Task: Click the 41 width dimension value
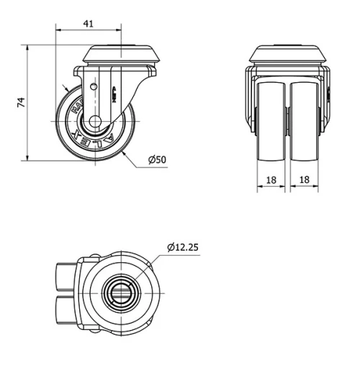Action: [89, 23]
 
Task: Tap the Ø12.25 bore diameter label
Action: [182, 247]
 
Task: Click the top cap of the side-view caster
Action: [120, 54]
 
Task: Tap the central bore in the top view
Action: [119, 292]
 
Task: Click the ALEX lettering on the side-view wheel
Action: [98, 138]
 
